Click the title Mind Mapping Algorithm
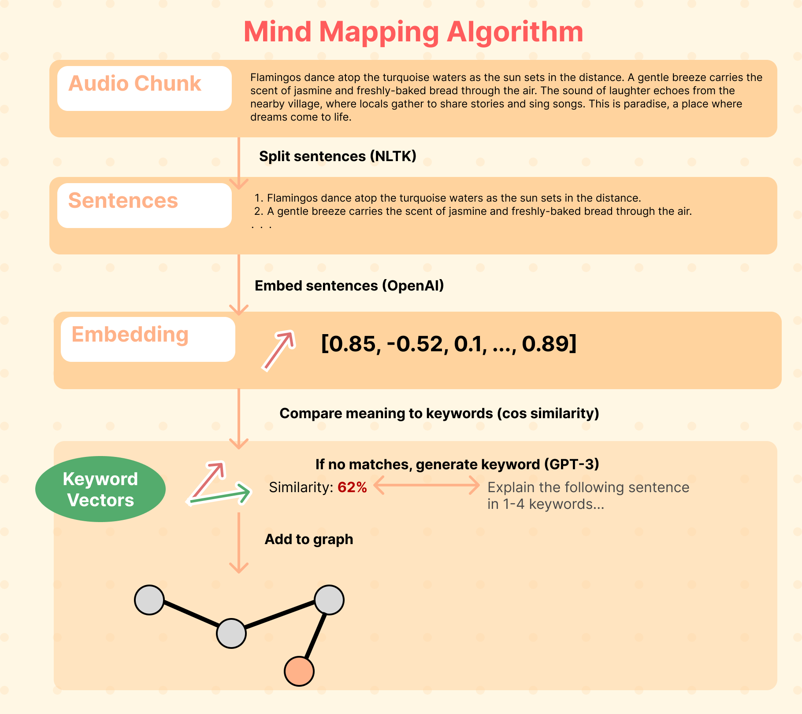click(413, 32)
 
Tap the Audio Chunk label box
click(144, 88)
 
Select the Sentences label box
click(144, 205)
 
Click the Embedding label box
click(148, 339)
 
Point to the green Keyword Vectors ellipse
click(100, 489)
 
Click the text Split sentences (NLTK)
click(338, 156)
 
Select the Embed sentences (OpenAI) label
click(349, 286)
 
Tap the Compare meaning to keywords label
click(439, 413)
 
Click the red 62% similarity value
click(352, 487)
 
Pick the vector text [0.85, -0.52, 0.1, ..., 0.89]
click(449, 344)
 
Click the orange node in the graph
click(299, 671)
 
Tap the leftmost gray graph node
click(149, 600)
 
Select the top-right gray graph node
click(329, 600)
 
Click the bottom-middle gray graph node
click(231, 633)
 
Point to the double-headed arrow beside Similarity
click(427, 486)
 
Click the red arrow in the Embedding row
click(278, 350)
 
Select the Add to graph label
click(308, 539)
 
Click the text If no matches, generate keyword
click(457, 464)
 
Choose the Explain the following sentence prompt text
click(588, 496)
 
